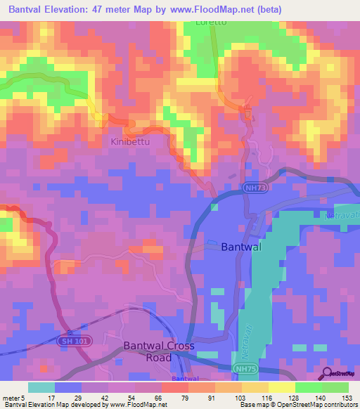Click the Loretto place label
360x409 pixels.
(x=210, y=22)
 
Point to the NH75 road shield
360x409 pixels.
(x=243, y=368)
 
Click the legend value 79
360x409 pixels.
(x=174, y=398)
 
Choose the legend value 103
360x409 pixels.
(x=229, y=398)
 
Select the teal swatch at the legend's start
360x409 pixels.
(x=41, y=387)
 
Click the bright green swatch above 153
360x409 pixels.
(x=336, y=387)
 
